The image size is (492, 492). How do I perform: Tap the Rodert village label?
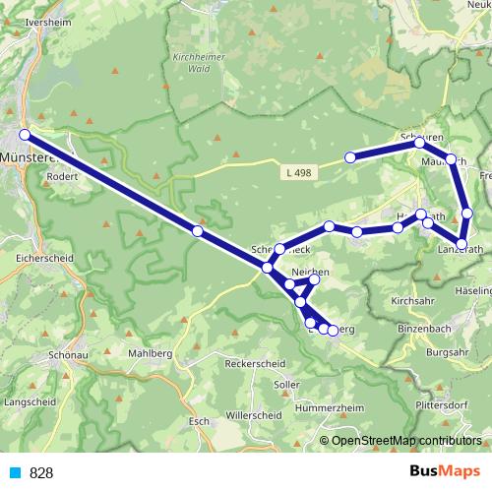point(62,178)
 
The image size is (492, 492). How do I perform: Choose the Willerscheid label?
point(254,414)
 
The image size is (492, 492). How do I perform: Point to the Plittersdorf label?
point(445,402)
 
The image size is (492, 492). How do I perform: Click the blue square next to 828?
point(15,473)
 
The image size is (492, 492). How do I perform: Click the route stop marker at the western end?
point(25,136)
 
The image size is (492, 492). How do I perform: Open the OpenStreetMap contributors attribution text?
point(406,441)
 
